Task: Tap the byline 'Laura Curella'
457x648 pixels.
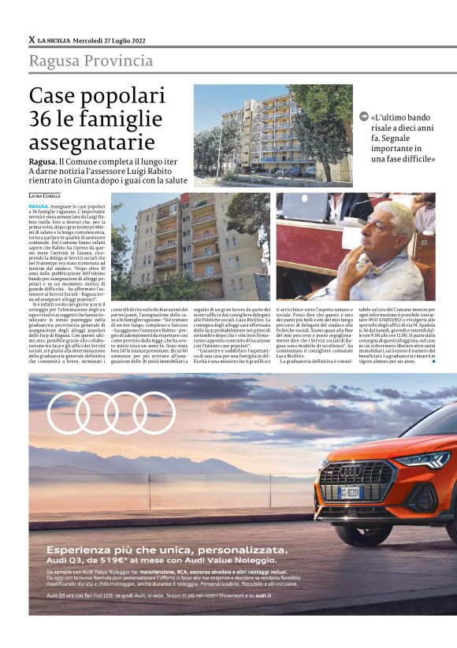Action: [46, 194]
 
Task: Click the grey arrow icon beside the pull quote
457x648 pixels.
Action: [363, 117]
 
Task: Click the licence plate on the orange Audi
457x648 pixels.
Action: [350, 491]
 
